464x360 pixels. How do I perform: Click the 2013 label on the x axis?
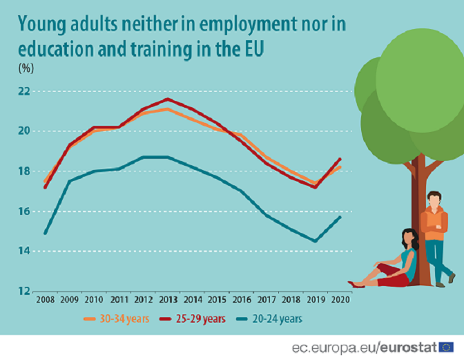(x=168, y=300)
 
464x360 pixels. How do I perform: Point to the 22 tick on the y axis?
(x=23, y=91)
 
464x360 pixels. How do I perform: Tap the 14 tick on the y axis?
(x=23, y=251)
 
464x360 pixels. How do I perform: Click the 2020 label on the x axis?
(x=340, y=300)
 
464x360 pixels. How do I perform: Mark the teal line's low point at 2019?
(x=315, y=241)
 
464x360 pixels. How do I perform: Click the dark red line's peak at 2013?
(x=168, y=99)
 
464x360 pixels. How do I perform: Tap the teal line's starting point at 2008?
(x=45, y=233)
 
